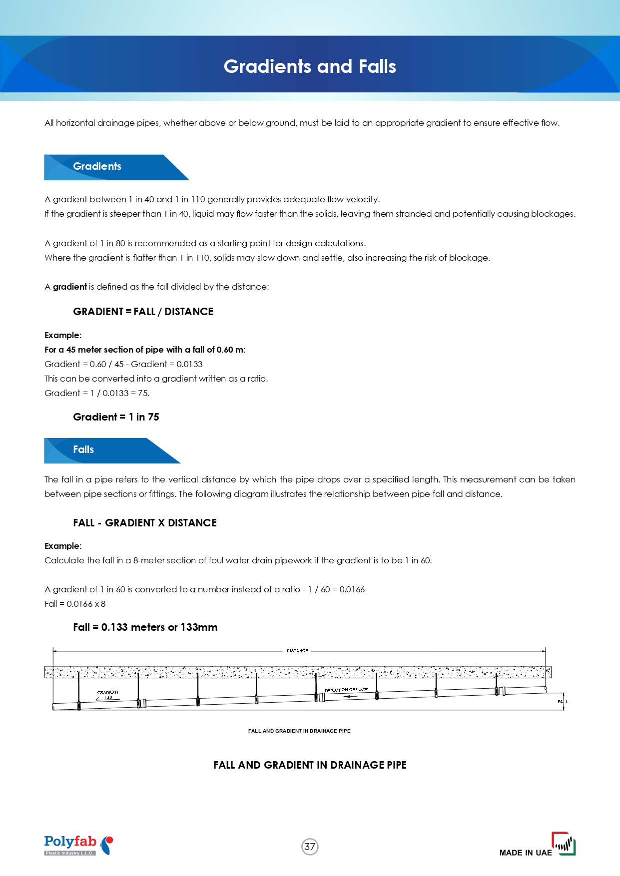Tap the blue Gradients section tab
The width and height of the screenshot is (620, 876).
(x=97, y=166)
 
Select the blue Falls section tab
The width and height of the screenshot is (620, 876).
(x=83, y=449)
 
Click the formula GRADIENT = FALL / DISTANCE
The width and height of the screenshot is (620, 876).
(x=143, y=312)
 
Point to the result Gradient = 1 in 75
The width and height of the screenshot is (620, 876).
(x=116, y=417)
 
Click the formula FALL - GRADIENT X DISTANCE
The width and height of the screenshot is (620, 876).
(x=145, y=523)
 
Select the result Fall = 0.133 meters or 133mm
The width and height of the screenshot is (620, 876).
(x=145, y=627)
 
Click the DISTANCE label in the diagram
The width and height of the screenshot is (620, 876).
(x=297, y=651)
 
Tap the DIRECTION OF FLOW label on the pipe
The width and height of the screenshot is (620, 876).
(x=346, y=690)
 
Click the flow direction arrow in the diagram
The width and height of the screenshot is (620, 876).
(x=350, y=696)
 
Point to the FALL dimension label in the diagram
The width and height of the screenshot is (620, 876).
(x=563, y=702)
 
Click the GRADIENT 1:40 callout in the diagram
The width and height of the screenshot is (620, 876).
(x=108, y=695)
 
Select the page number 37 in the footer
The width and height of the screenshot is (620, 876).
(x=310, y=847)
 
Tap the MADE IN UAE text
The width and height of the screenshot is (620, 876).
(x=526, y=853)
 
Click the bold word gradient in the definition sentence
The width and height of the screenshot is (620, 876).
(x=70, y=287)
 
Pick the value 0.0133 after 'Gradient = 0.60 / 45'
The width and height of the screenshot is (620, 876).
(x=189, y=364)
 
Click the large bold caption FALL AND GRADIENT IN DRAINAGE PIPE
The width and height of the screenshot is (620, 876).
(x=310, y=765)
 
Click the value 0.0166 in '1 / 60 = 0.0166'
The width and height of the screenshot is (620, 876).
(x=352, y=589)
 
